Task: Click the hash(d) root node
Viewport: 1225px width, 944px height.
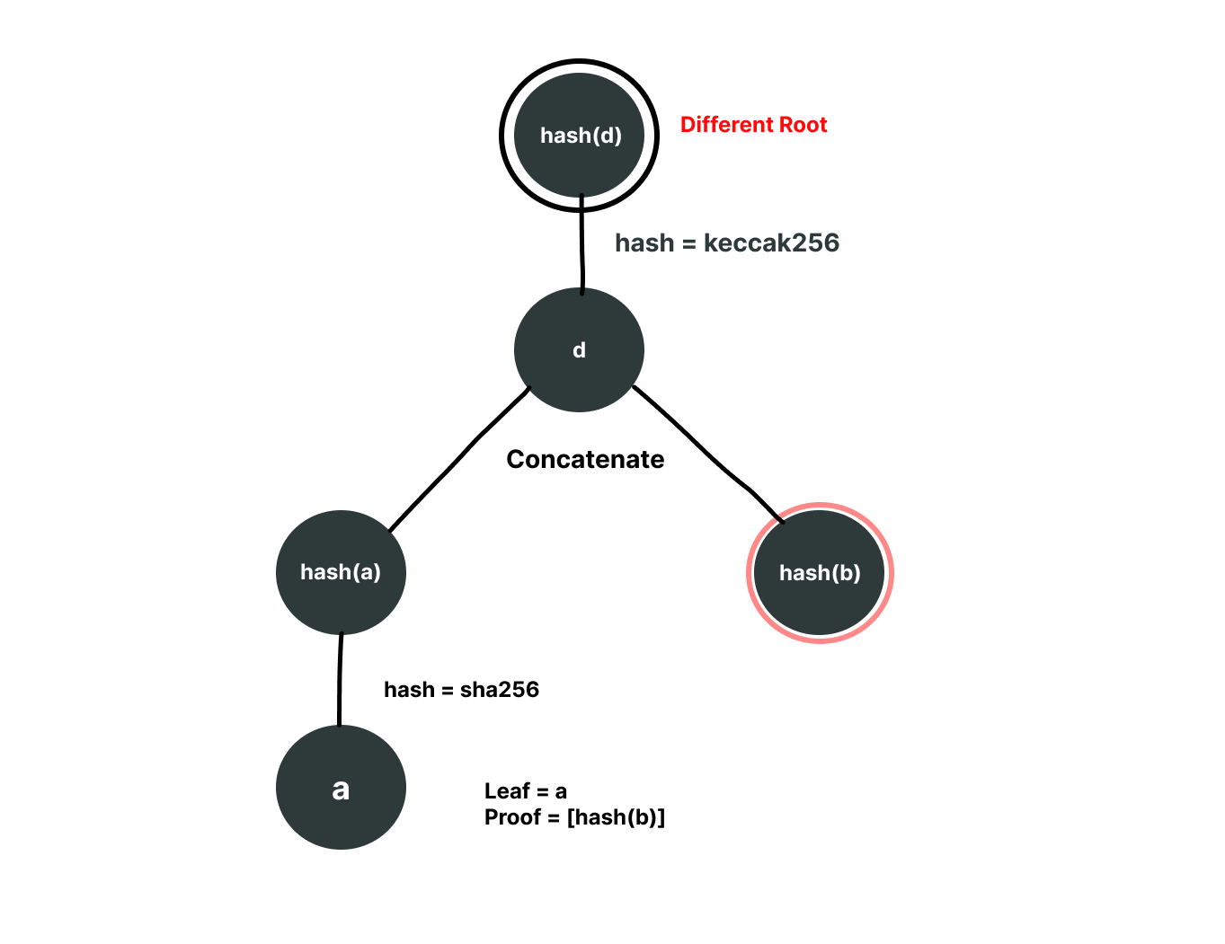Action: (x=580, y=136)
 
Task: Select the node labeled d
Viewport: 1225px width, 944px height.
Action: (x=579, y=350)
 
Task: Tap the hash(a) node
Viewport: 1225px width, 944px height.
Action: (x=341, y=572)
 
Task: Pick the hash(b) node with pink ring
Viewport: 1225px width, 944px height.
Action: (x=820, y=573)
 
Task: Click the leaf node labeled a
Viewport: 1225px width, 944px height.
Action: (x=341, y=788)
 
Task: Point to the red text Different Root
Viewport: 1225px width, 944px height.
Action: (x=753, y=125)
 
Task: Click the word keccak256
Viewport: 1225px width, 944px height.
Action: (x=771, y=243)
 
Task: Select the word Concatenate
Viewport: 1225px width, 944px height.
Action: (x=585, y=460)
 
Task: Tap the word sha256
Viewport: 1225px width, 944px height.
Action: (x=500, y=690)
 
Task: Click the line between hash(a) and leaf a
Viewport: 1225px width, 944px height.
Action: (x=340, y=680)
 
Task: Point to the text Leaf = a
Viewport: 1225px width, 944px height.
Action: (x=525, y=791)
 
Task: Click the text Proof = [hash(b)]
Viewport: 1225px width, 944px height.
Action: (x=574, y=817)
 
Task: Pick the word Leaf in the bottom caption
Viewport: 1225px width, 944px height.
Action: (x=506, y=791)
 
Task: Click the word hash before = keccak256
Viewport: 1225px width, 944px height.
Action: (x=644, y=243)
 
